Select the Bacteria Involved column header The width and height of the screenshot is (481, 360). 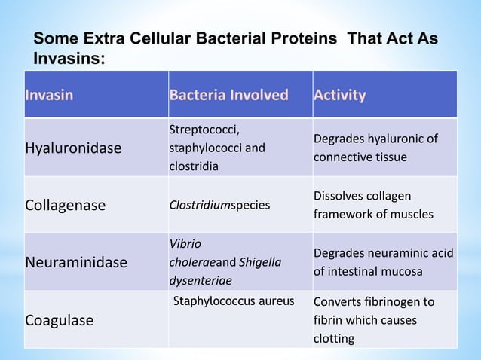[229, 96]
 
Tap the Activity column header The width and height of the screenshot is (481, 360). [341, 96]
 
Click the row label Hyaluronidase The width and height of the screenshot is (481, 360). [73, 148]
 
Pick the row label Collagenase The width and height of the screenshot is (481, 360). [66, 206]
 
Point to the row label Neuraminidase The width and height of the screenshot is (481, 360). [76, 263]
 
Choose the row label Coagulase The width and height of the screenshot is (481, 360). [60, 320]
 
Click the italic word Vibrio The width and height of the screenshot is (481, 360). [185, 244]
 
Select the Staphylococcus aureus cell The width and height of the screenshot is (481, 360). [234, 302]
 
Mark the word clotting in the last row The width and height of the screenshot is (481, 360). [335, 338]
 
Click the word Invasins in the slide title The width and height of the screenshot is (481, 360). [66, 58]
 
